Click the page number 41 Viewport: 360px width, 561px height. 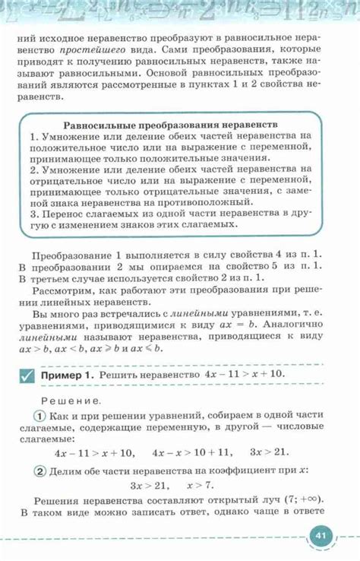(x=321, y=536)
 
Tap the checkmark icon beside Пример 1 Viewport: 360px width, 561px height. (x=27, y=376)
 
